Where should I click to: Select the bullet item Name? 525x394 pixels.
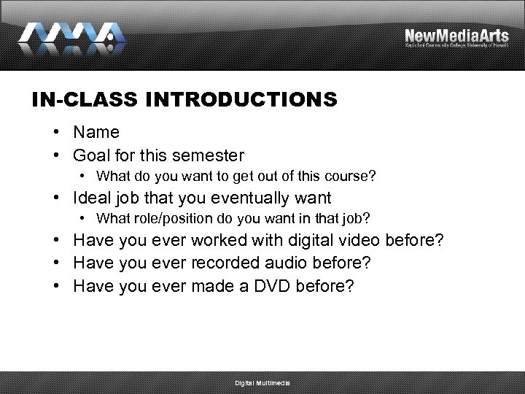pyautogui.click(x=96, y=133)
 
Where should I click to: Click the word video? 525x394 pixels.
pyautogui.click(x=355, y=240)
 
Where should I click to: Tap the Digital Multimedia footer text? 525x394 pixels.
pyautogui.click(x=262, y=383)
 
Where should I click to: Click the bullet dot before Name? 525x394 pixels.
pyautogui.click(x=56, y=133)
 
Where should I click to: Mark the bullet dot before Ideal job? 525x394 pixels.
pyautogui.click(x=56, y=198)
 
